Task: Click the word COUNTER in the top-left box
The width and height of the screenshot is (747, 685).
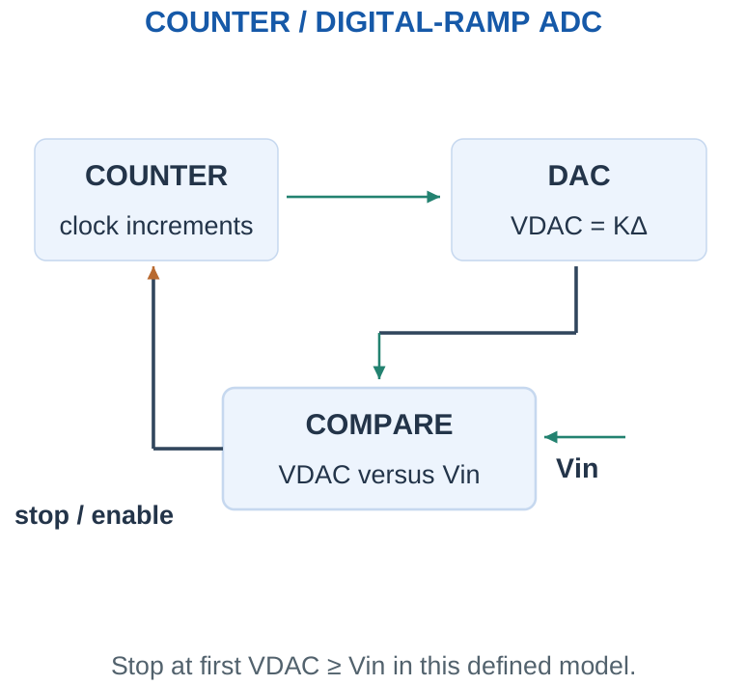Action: click(156, 176)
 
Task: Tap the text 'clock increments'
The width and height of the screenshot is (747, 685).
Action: click(156, 226)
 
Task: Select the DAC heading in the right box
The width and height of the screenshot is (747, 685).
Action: click(579, 176)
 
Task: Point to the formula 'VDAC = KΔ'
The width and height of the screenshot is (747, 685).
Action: click(579, 226)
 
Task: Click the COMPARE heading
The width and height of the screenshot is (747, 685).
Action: click(379, 425)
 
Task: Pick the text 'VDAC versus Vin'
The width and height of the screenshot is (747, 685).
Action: click(379, 475)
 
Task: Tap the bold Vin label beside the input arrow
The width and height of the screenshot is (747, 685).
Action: click(577, 469)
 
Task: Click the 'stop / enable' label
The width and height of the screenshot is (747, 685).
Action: click(94, 515)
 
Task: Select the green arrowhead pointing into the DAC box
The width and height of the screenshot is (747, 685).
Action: click(433, 197)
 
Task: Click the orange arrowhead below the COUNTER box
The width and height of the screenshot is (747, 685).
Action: click(153, 273)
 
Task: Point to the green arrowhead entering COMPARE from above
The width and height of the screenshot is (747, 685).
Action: click(379, 372)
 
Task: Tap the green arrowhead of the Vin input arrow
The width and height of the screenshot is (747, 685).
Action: click(551, 437)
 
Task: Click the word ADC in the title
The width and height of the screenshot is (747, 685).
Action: click(570, 22)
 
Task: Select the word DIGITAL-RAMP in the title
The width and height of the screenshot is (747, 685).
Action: click(422, 22)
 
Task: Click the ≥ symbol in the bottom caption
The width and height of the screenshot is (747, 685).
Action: click(334, 666)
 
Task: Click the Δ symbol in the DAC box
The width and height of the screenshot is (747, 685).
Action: click(639, 226)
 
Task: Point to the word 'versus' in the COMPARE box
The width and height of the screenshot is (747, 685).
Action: click(397, 476)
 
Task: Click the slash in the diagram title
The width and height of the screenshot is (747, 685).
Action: click(302, 22)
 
